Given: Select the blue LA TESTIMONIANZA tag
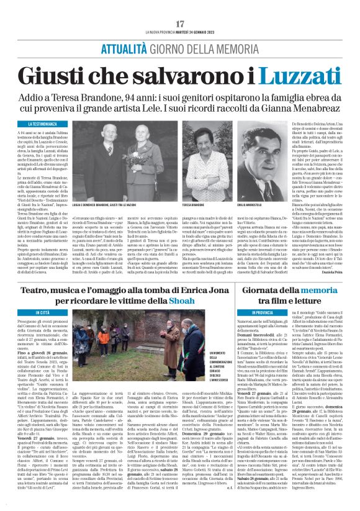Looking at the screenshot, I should tap(31, 124).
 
